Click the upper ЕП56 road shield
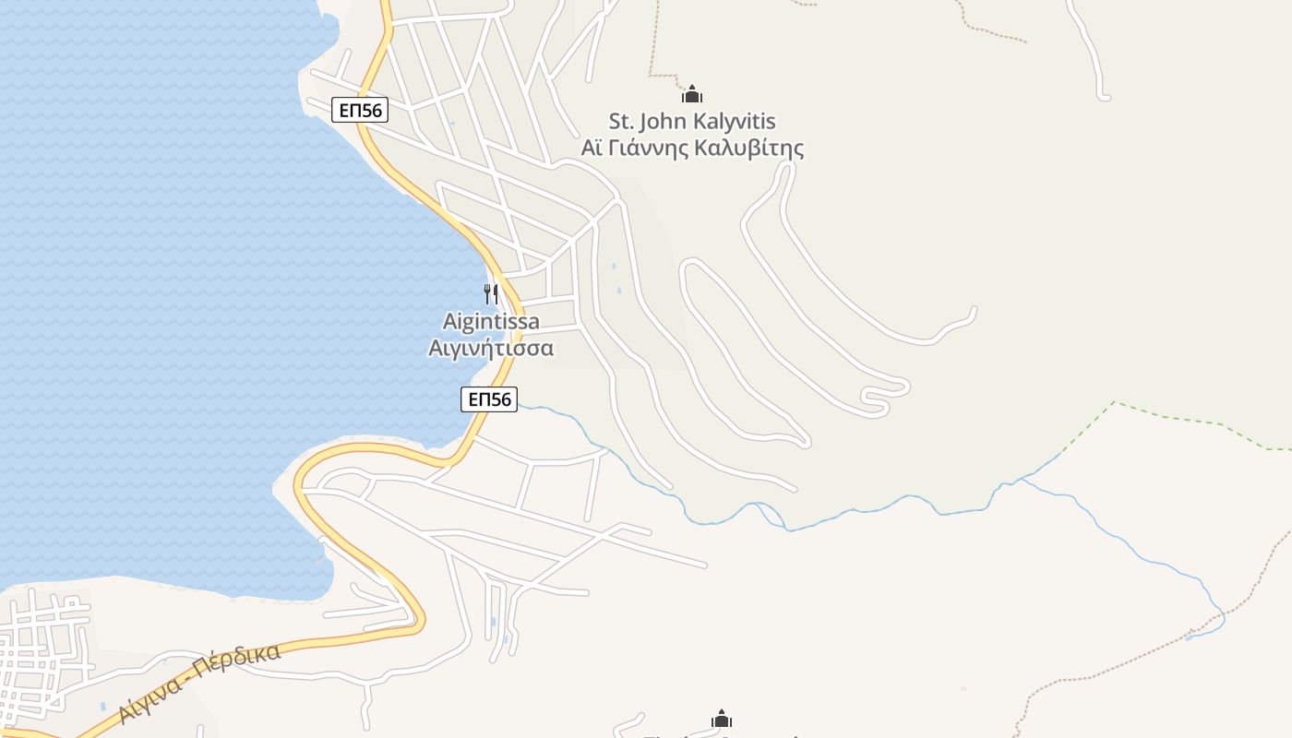pos(360,111)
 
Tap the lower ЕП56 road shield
pos(489,399)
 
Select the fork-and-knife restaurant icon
pos(491,294)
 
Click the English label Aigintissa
pos(491,322)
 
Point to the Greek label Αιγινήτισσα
pos(491,348)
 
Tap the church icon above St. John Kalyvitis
pos(692,94)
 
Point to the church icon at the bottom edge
pos(722,720)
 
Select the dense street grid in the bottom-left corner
pos(42,650)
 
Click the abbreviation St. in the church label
pos(621,121)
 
